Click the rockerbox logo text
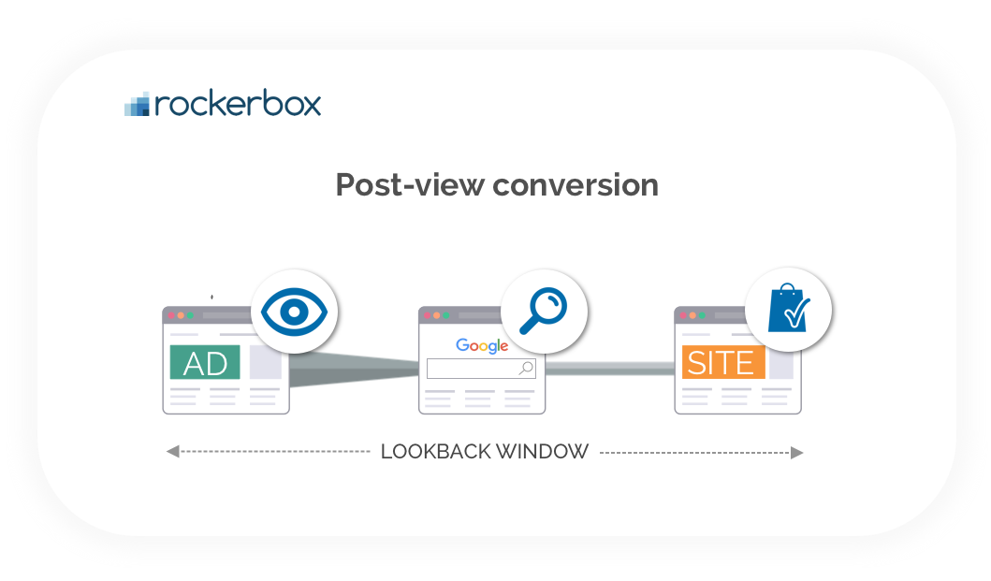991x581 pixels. pos(238,103)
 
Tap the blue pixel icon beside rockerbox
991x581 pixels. pos(138,105)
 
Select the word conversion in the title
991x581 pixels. pos(576,184)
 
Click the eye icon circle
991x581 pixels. pos(294,312)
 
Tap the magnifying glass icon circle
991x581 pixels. pos(544,312)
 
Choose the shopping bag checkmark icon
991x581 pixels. pos(788,311)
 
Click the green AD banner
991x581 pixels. pos(205,362)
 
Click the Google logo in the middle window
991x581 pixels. pos(482,346)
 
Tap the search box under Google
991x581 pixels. pos(473,369)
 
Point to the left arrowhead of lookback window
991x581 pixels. pos(172,452)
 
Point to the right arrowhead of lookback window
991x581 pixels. pos(796,452)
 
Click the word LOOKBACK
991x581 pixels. pos(435,452)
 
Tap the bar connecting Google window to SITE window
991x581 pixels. pos(609,370)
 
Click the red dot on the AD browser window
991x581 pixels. pos(171,315)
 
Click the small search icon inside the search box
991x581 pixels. pos(526,369)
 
